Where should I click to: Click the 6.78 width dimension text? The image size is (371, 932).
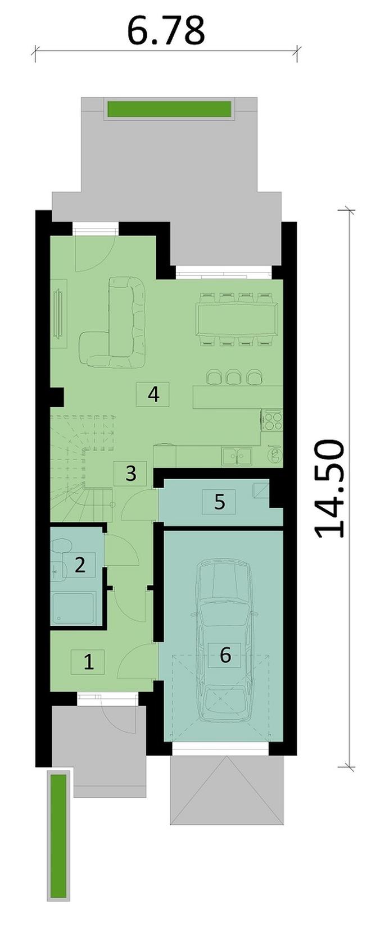point(166,30)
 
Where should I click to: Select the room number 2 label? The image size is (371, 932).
point(80,565)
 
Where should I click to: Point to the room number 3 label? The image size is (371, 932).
point(131,473)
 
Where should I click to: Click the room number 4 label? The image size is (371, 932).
point(153,394)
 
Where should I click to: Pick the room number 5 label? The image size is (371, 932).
point(219,502)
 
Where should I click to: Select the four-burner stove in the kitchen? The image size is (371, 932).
point(272,420)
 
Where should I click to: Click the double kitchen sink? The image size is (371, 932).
point(236,457)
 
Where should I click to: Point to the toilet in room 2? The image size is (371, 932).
point(60,547)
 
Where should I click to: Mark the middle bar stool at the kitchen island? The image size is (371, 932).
point(232,377)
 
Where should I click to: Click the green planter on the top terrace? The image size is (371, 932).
point(169,109)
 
